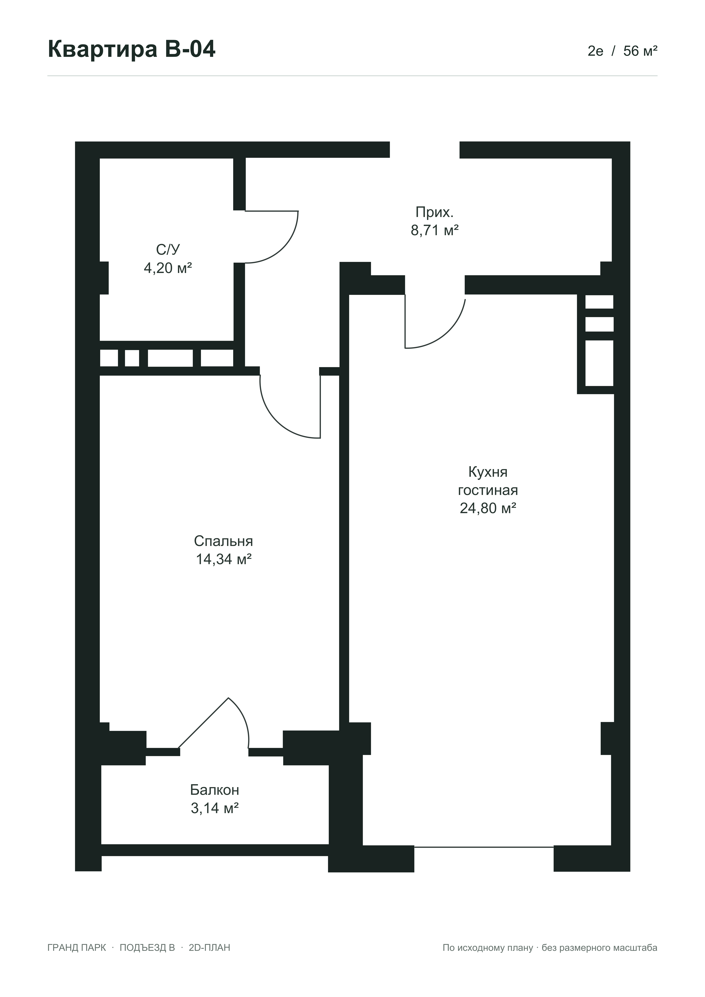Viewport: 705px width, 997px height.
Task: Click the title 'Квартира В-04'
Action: pos(132,49)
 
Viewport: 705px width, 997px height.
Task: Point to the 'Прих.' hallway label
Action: pos(434,212)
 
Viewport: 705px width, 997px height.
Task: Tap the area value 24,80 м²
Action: pos(488,508)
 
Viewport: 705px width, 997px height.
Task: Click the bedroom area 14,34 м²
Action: pos(224,559)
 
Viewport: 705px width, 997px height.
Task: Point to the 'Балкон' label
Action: pos(215,789)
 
